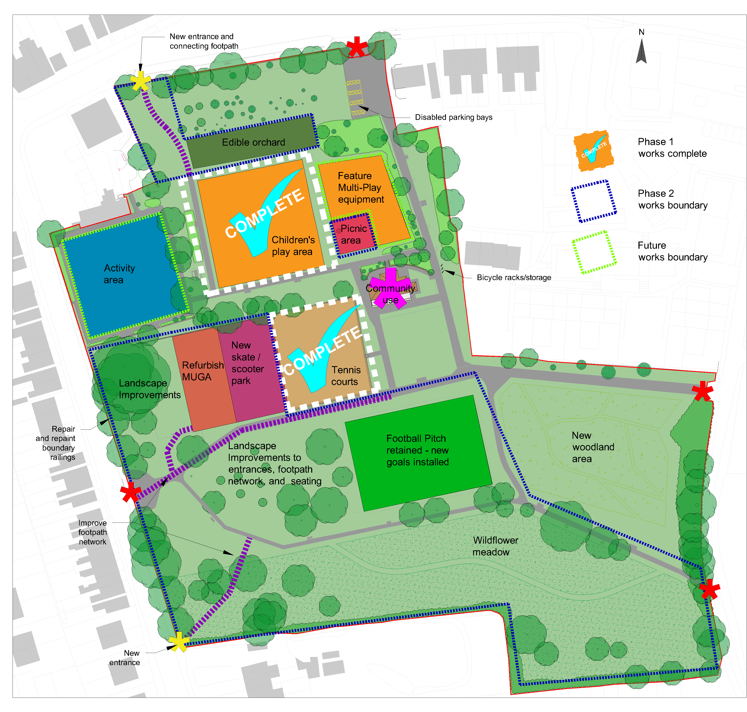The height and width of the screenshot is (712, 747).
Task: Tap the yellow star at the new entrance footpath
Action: pos(140,81)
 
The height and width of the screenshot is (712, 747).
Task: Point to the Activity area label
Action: pos(119,274)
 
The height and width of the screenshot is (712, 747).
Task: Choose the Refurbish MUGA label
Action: pos(202,371)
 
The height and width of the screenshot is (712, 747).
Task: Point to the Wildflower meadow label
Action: pos(495,546)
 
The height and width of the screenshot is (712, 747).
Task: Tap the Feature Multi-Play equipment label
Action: pos(360,187)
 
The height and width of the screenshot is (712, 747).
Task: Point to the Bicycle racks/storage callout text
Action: pos(513,277)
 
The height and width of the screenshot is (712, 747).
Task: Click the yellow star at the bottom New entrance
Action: pos(178,642)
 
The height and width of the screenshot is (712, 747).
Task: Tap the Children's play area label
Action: pos(293,246)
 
